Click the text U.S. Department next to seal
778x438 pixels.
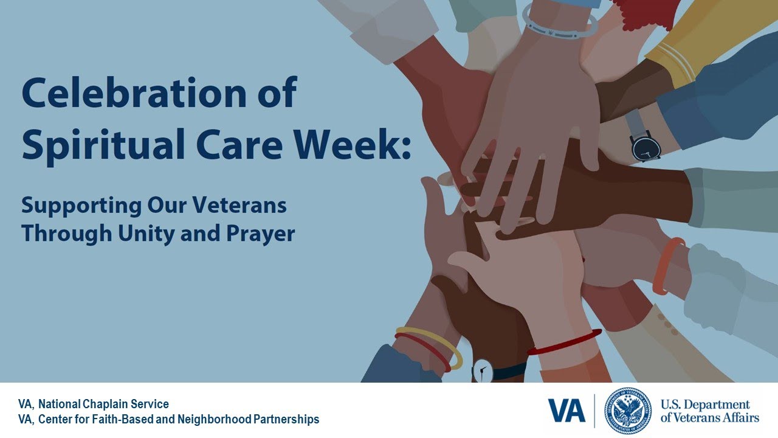pos(705,405)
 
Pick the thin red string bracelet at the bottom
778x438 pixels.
pos(565,342)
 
